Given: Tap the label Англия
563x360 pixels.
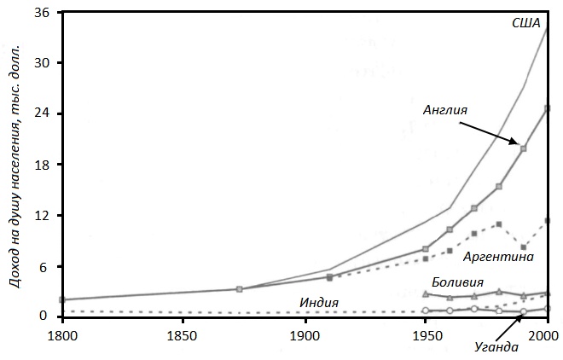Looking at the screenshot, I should point(445,110).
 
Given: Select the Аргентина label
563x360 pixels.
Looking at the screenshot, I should point(498,256).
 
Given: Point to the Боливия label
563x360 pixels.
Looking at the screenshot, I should point(457,282).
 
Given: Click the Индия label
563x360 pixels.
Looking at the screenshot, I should point(319,303).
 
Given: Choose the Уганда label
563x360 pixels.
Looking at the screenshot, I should point(496,346).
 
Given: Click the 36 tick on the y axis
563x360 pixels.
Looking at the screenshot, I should point(40,13).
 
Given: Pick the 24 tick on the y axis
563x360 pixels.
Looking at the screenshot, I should point(40,113).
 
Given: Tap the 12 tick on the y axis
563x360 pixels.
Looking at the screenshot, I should point(40,216).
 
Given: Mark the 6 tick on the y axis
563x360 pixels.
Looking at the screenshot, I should point(44,266).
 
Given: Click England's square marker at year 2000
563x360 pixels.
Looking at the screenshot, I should point(547,108).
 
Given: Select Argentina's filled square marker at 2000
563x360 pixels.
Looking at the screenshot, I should point(547,221).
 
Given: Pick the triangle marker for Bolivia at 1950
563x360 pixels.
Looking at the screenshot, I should point(426,293).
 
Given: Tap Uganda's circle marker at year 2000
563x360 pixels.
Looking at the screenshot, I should point(547,309).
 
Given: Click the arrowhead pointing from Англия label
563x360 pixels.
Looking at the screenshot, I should point(518,144).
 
